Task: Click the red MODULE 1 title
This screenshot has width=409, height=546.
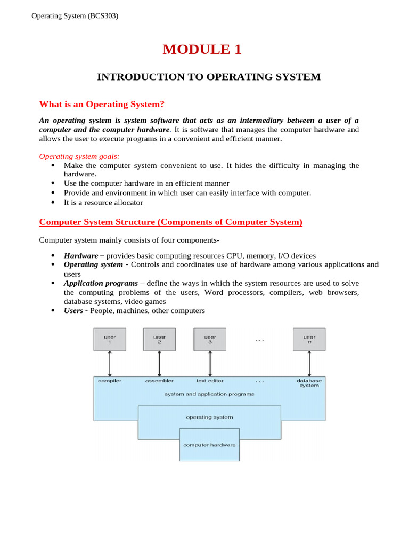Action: pyautogui.click(x=202, y=50)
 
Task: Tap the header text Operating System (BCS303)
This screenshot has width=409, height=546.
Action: pyautogui.click(x=75, y=16)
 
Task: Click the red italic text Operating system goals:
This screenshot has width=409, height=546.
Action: pyautogui.click(x=79, y=156)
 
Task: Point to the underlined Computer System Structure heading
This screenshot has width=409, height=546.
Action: pyautogui.click(x=171, y=222)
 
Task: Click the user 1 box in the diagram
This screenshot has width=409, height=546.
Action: pyautogui.click(x=110, y=340)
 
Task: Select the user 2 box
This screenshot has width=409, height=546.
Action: pyautogui.click(x=159, y=340)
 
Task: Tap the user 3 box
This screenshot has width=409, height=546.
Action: pyautogui.click(x=210, y=340)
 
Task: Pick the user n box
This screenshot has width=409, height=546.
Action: pyautogui.click(x=309, y=340)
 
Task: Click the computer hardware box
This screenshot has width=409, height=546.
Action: pyautogui.click(x=209, y=445)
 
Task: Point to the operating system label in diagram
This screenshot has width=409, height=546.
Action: pyautogui.click(x=209, y=417)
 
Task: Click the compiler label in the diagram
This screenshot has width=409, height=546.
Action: pyautogui.click(x=110, y=381)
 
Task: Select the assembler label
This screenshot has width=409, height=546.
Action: pyautogui.click(x=159, y=381)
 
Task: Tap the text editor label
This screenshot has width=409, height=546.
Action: pyautogui.click(x=210, y=381)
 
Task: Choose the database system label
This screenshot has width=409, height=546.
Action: pyautogui.click(x=309, y=383)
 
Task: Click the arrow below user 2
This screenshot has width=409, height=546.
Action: pyautogui.click(x=159, y=364)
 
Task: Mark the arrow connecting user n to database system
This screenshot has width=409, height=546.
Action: pyautogui.click(x=309, y=364)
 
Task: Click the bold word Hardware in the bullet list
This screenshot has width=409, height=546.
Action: pyautogui.click(x=81, y=256)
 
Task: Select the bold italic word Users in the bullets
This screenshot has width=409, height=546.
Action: pyautogui.click(x=73, y=311)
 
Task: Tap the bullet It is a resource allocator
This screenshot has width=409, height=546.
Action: pyautogui.click(x=103, y=203)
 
